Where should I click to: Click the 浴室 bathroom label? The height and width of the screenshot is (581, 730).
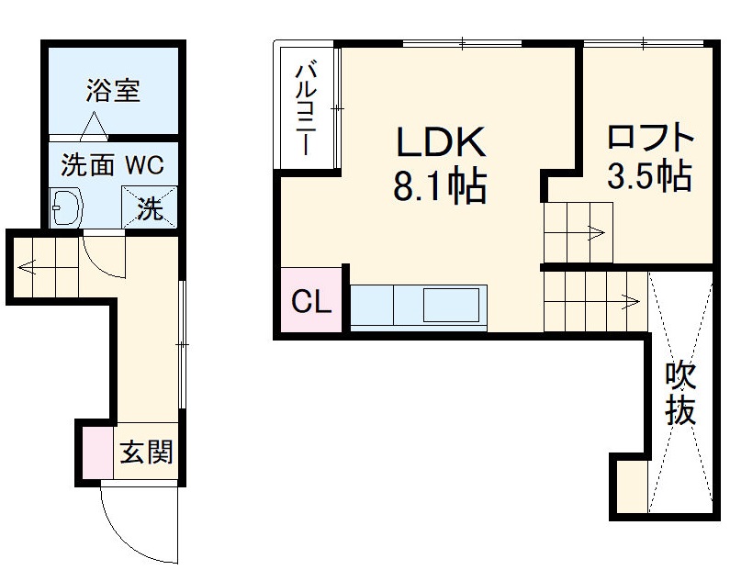pos(113,92)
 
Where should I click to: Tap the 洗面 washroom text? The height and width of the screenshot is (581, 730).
pos(88,165)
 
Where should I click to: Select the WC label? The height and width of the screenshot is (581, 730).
pos(144,165)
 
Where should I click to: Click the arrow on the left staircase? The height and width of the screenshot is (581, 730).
pos(27,269)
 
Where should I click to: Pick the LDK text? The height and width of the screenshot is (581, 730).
pos(439,144)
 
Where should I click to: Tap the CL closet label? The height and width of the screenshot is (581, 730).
pos(311,302)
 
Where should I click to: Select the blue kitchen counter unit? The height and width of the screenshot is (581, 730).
pos(418,306)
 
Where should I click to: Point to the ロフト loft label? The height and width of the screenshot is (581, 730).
pos(649,139)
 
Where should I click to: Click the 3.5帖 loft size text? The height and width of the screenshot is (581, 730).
pos(649,177)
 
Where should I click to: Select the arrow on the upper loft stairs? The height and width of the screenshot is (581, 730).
pos(595,232)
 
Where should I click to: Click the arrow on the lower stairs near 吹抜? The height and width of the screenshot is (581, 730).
pos(630,299)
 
